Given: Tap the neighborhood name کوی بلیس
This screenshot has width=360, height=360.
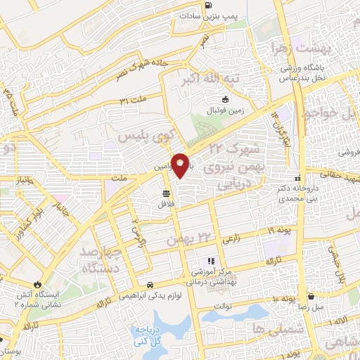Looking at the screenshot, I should click(x=143, y=134).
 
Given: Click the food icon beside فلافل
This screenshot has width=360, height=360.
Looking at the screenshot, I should click(x=166, y=193).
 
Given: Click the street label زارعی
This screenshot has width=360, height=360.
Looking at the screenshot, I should click(x=231, y=240).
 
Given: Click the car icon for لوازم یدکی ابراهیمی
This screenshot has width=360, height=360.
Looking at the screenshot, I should click(x=150, y=285).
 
